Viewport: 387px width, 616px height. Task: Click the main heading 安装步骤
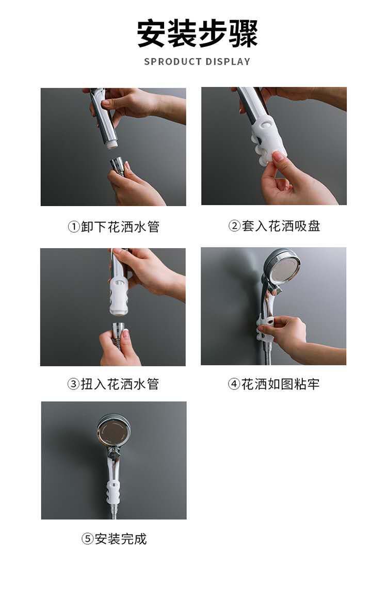197,34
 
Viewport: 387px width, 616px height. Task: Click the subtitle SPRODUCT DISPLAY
197,61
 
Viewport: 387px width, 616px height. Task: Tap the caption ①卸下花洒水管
114,227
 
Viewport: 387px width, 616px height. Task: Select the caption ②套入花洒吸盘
274,226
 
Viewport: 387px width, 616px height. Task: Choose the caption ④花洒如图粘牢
273,384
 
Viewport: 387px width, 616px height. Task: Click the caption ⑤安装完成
114,539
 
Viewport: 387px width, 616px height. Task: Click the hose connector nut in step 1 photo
118,166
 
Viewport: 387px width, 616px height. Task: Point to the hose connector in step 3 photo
119,330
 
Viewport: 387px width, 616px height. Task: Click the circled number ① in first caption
74,227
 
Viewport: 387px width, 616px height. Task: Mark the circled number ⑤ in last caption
87,539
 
